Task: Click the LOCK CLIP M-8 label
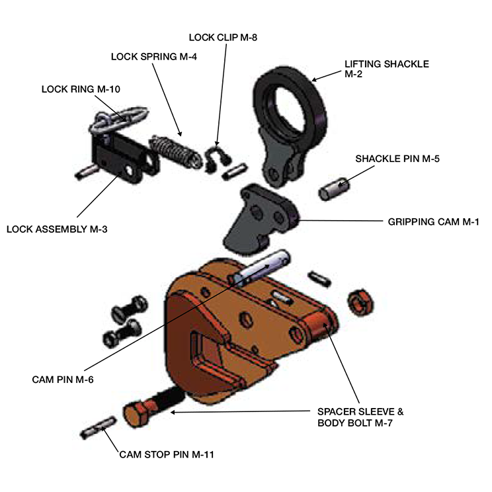[x=223, y=38]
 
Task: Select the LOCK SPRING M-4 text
[x=154, y=56]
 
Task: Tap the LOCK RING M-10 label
[x=81, y=88]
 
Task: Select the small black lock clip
[x=216, y=159]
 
